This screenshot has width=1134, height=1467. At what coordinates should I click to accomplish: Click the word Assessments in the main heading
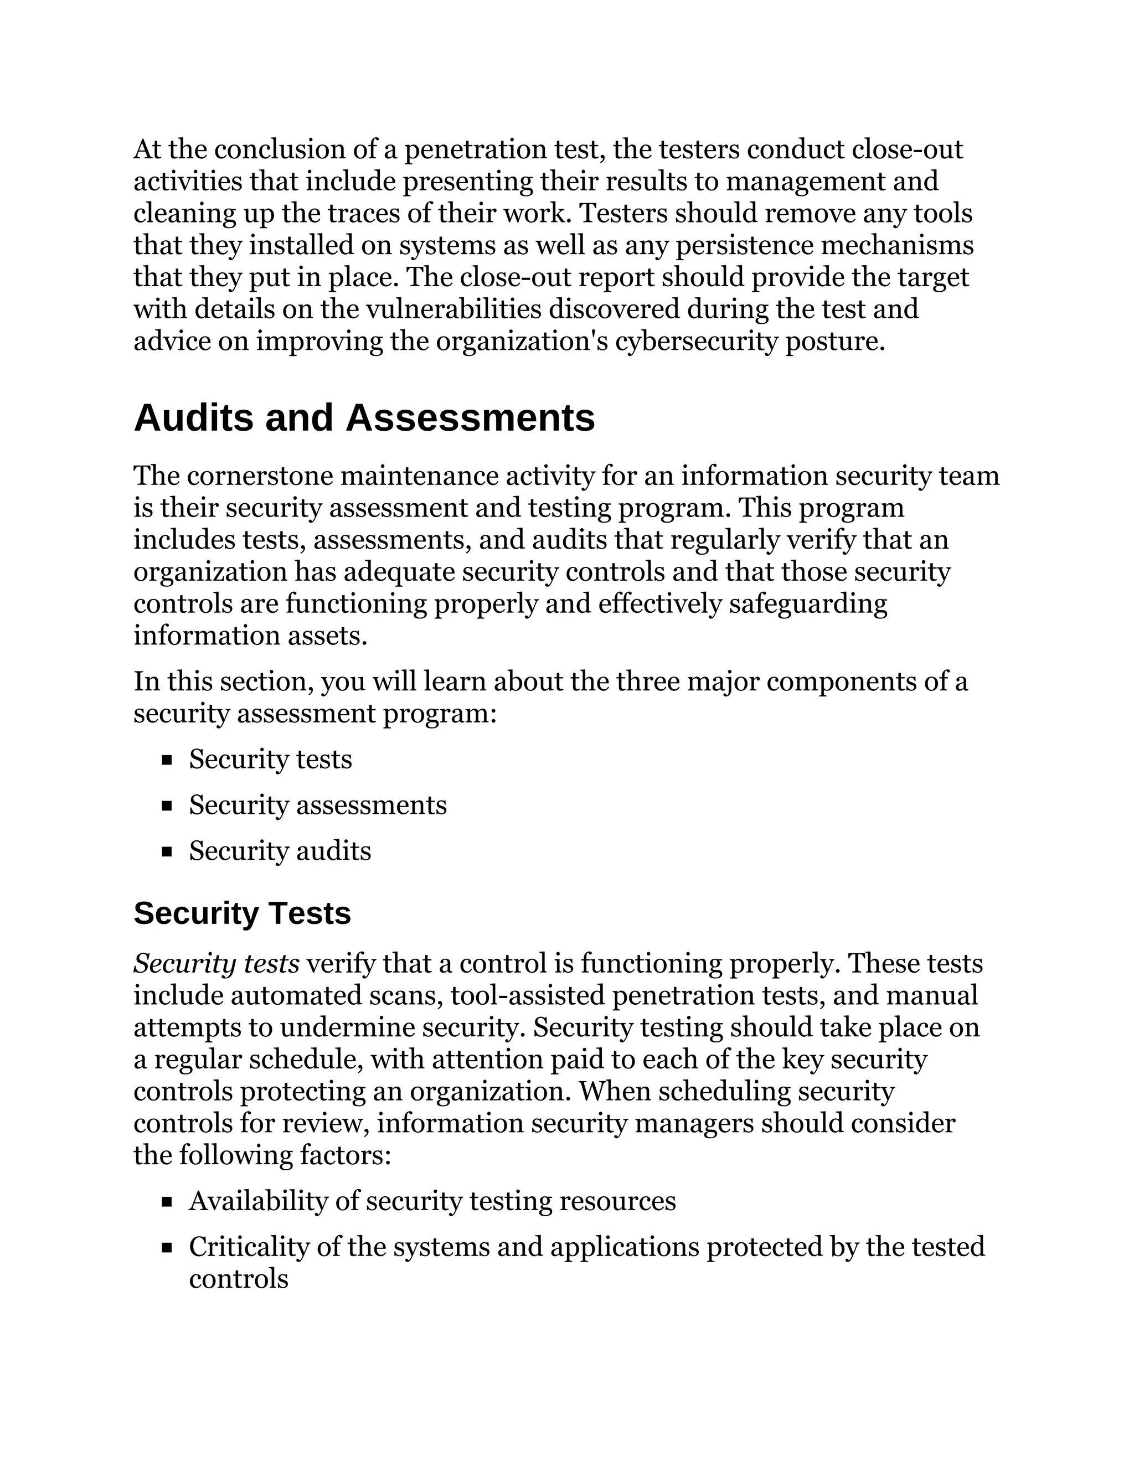click(470, 418)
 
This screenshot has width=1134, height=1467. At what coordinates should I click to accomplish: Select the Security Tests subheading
click(242, 913)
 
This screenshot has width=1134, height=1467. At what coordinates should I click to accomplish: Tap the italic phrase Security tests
click(217, 964)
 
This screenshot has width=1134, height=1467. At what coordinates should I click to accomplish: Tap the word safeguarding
click(807, 604)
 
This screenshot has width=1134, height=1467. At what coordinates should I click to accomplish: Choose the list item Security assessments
click(317, 805)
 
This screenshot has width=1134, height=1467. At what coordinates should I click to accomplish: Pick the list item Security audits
click(280, 851)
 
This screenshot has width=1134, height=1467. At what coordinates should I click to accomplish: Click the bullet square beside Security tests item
click(167, 761)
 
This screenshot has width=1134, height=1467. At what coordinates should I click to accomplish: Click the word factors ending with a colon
click(344, 1156)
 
